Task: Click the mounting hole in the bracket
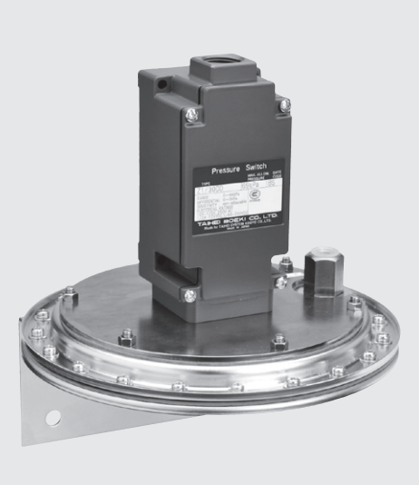(53, 419)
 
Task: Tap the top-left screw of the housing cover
(192, 114)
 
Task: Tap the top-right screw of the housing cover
(285, 106)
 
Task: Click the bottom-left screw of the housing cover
(190, 292)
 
